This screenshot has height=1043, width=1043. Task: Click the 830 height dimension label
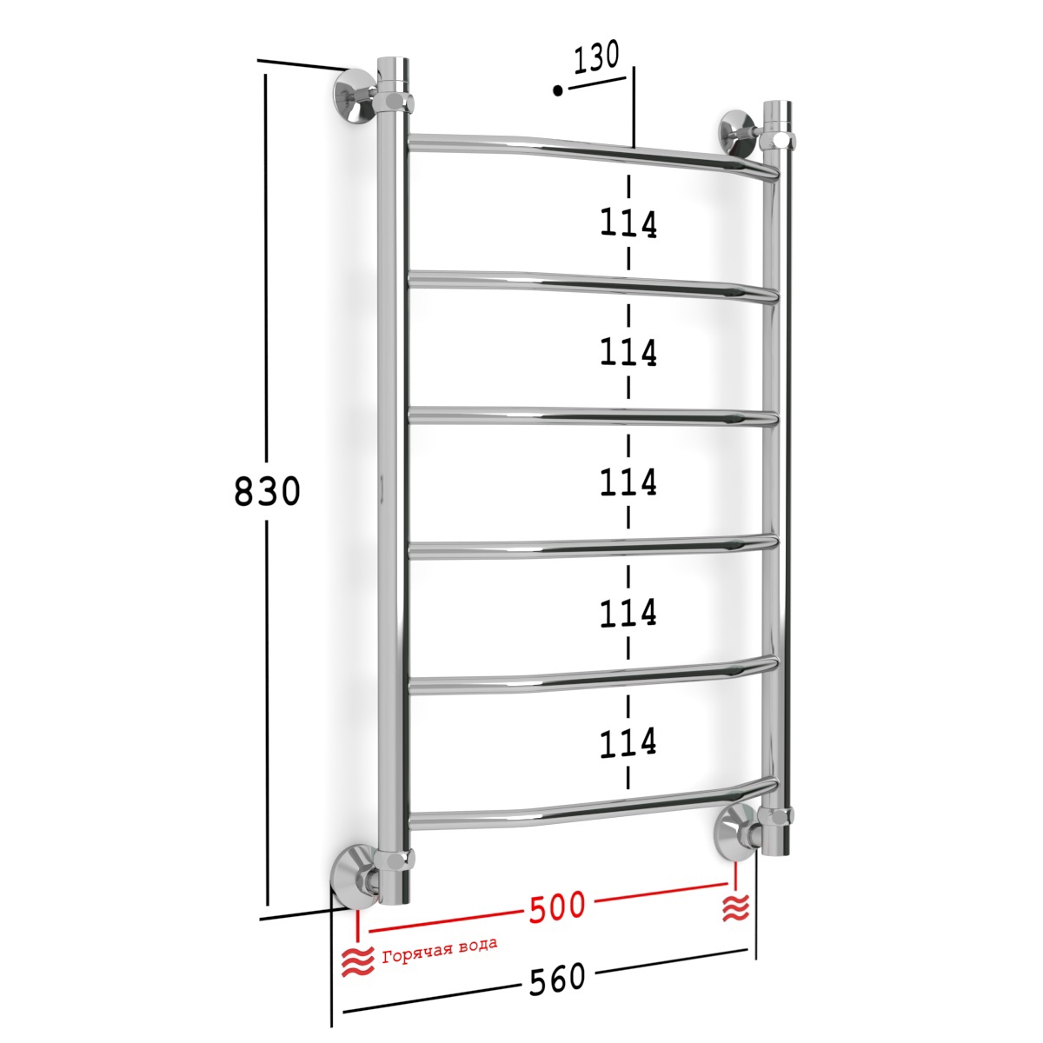coord(267,491)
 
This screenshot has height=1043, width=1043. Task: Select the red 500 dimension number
coord(557,905)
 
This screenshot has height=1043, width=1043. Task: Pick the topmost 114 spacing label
coord(628,223)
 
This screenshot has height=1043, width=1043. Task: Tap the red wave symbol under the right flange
coord(736,907)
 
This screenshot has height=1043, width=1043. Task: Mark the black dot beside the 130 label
coord(558,90)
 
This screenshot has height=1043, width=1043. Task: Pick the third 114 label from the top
coord(628,482)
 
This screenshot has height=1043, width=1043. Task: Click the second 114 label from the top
coord(628,352)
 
